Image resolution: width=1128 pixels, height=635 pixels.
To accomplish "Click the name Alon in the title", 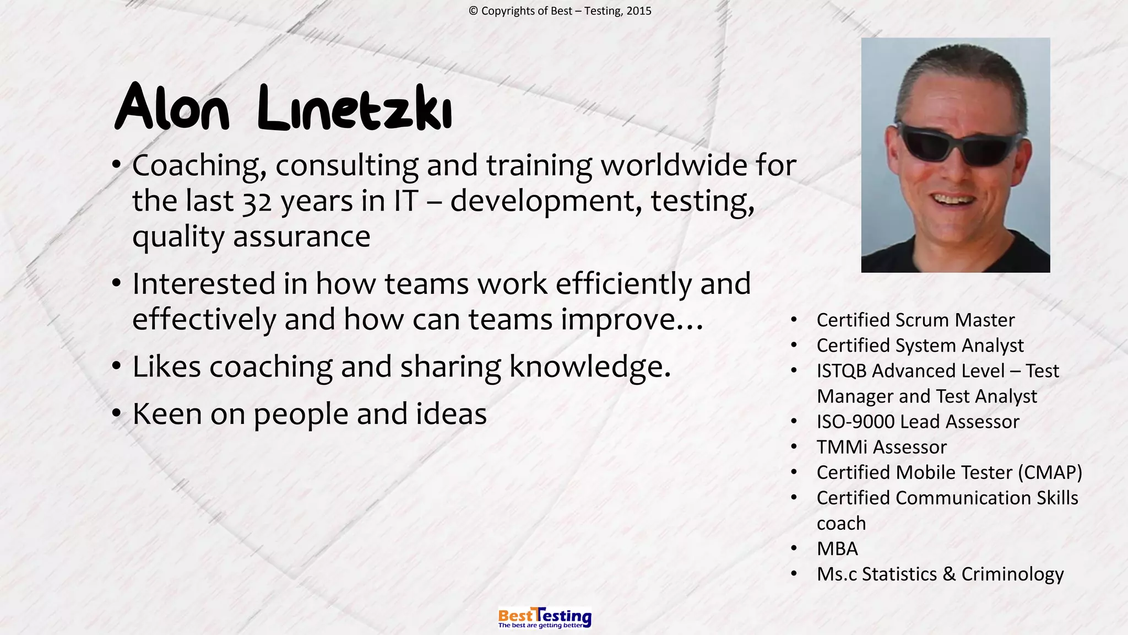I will [171, 108].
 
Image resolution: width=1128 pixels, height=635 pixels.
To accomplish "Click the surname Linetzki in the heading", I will [355, 109].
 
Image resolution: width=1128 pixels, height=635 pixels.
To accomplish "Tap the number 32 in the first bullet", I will [257, 202].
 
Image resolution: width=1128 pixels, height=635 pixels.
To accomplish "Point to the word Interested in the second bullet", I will [204, 284].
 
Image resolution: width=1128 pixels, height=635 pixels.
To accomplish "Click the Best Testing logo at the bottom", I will [544, 618].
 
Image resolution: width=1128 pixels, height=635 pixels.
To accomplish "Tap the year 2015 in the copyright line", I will [639, 11].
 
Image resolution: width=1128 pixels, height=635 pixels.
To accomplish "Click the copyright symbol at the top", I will [473, 11].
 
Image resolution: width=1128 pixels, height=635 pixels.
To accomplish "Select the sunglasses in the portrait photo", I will [958, 143].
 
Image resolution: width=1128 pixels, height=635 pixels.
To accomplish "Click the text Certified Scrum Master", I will [915, 320].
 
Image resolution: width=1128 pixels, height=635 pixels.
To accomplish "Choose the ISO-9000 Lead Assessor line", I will [918, 422].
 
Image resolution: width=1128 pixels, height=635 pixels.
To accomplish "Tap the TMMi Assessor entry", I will [881, 447].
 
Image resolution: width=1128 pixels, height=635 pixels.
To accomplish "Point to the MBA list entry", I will [837, 549].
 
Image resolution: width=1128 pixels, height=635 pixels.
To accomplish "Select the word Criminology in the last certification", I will [1012, 574].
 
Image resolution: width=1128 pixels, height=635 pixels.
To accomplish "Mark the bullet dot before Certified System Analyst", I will [794, 346].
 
